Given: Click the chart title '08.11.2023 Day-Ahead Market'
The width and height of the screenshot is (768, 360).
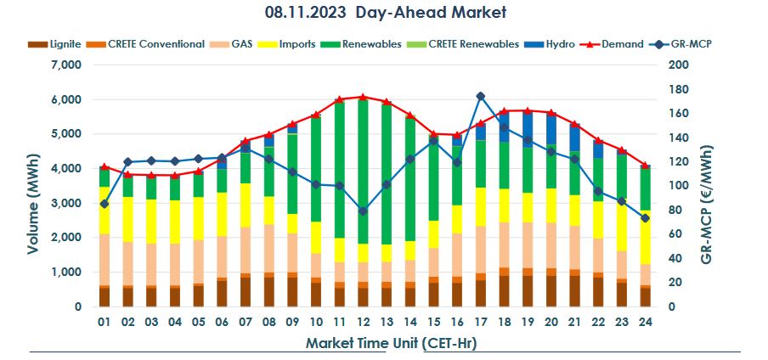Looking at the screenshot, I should click(385, 13).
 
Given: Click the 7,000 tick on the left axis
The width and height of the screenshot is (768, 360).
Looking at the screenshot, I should click(65, 65).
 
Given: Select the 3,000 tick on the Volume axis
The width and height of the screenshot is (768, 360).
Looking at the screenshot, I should click(65, 203).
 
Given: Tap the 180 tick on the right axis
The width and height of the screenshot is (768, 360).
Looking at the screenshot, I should click(678, 89).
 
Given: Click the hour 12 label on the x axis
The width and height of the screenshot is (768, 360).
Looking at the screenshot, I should click(363, 323).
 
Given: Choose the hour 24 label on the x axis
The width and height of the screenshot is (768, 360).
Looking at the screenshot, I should click(644, 323).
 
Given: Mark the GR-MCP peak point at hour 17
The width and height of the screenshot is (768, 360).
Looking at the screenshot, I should click(480, 96).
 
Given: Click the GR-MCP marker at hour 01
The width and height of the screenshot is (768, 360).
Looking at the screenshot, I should click(104, 204).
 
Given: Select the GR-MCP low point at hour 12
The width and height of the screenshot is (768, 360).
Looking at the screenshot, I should click(363, 211).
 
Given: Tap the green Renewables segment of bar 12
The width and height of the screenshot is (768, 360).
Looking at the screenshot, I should click(363, 170).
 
